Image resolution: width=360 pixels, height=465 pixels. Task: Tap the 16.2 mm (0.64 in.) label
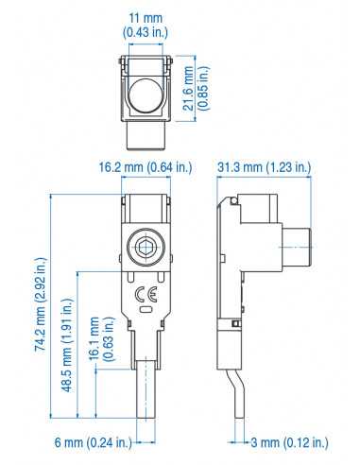146,168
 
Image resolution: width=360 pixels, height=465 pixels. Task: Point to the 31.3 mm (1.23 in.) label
265,168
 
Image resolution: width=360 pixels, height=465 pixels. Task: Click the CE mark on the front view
146,291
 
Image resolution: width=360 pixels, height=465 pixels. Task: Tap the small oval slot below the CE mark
146,308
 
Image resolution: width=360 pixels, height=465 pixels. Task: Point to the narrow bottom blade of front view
146,387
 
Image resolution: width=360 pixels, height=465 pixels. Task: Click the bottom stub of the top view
147,139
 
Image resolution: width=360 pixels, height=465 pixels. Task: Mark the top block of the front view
146,211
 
